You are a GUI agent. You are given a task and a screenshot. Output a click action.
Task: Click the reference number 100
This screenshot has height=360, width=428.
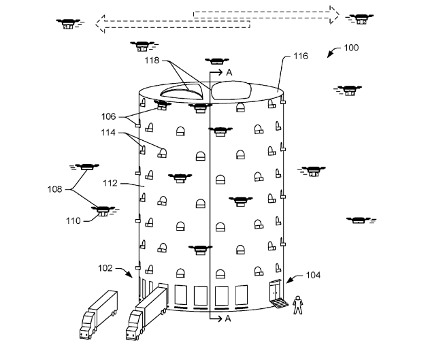351,48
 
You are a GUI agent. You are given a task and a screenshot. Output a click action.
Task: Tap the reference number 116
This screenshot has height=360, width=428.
301,56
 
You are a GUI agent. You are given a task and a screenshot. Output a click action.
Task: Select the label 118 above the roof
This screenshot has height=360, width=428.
152,61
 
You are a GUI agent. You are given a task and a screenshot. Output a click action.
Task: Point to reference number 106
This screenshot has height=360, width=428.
109,116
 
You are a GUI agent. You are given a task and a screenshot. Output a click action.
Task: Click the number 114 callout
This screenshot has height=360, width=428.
108,133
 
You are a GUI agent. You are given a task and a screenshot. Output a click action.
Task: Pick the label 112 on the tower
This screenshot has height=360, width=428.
110,183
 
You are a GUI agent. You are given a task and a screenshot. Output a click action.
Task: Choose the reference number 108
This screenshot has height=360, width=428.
55,189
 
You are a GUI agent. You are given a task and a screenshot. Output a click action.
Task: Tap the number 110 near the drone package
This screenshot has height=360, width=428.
73,220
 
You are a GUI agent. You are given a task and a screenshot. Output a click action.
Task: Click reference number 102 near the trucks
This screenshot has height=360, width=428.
105,268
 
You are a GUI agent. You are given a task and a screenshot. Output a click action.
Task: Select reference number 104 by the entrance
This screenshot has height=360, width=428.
313,275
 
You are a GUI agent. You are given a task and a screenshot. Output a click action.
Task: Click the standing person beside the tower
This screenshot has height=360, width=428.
298,305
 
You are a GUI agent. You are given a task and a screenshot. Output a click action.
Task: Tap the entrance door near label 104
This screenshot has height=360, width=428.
275,290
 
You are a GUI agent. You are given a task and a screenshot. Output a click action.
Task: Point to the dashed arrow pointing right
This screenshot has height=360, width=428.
267,15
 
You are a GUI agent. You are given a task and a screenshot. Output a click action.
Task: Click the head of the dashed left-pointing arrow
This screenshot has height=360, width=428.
101,24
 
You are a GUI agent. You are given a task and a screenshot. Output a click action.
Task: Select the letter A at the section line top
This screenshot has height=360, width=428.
229,72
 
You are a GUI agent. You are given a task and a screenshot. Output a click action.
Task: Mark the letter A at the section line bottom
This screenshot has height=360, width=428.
228,318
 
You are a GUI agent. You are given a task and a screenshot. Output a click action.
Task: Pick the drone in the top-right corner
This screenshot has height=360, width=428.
360,19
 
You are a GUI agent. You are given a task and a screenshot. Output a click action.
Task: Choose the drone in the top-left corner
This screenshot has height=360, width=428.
69,24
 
